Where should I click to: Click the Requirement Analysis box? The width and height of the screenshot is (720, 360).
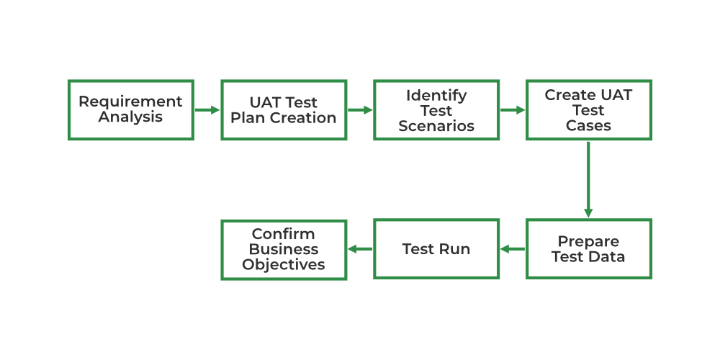(130, 109)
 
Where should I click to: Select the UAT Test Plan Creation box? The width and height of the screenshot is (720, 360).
(283, 109)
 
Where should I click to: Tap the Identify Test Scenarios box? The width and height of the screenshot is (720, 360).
(436, 109)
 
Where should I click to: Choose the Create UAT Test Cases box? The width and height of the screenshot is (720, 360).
(588, 109)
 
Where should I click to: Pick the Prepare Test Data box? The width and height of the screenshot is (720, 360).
(588, 249)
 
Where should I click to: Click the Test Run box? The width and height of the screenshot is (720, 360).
(436, 249)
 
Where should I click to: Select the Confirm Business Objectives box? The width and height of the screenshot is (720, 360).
(283, 249)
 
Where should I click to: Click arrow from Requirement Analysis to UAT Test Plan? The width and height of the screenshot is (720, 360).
(207, 110)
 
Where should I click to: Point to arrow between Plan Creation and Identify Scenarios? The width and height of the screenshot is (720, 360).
(360, 110)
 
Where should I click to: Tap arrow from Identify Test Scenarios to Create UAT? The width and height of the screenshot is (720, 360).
(513, 110)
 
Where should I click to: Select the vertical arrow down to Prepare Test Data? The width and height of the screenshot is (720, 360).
(588, 179)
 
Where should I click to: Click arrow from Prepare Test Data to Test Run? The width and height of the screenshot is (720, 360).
(513, 249)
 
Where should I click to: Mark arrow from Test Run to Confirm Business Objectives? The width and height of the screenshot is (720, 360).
(360, 249)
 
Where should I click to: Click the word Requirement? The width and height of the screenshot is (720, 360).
(130, 102)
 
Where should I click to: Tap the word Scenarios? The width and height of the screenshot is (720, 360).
(436, 126)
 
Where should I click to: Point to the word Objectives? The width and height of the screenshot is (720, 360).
(283, 265)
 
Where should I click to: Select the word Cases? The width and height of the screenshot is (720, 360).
(588, 126)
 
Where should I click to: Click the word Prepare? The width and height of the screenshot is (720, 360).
(588, 241)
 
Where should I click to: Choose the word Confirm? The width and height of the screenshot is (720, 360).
(283, 234)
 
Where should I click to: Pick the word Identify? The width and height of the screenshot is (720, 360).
(436, 95)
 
